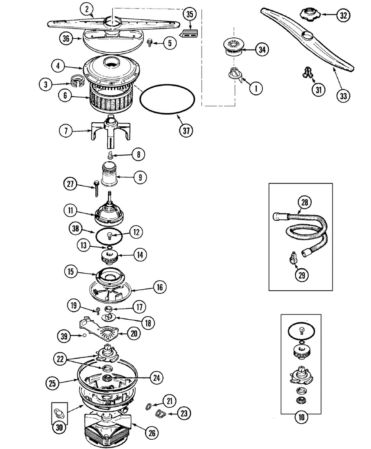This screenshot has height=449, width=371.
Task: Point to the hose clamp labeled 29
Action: click(292, 257)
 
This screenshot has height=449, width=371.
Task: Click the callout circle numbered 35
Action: click(190, 14)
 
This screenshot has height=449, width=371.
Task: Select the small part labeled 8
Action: click(110, 155)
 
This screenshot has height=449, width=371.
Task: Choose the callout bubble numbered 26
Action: click(152, 432)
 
